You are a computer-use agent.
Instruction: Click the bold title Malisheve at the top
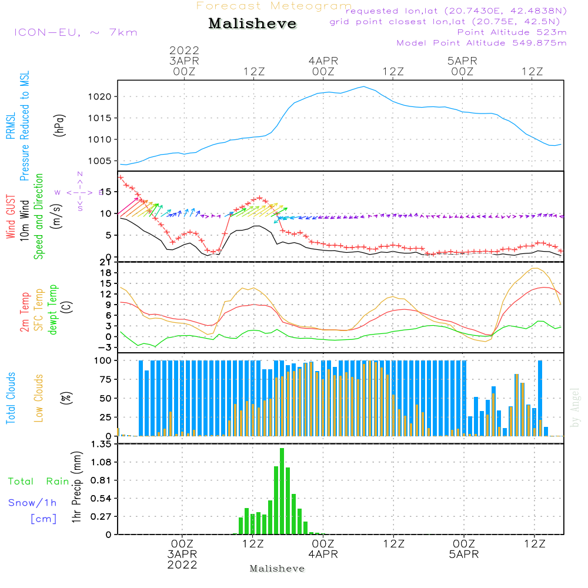(x=252, y=24)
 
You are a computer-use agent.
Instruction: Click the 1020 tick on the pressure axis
(x=102, y=96)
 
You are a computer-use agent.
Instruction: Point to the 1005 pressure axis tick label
(x=102, y=161)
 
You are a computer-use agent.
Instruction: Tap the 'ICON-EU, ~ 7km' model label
(x=75, y=32)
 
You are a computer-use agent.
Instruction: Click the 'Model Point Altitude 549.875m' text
(x=482, y=43)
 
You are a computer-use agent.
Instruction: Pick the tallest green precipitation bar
(x=282, y=491)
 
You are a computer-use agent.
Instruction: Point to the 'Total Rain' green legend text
(x=39, y=482)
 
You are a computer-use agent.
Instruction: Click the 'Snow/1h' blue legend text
(x=32, y=503)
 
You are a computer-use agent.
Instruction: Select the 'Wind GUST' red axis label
(x=11, y=218)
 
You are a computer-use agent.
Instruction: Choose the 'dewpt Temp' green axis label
(x=54, y=310)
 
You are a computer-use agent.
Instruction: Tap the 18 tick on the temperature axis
(x=106, y=273)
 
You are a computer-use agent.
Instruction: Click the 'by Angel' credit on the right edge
(x=575, y=407)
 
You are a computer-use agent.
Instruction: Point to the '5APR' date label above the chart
(x=462, y=61)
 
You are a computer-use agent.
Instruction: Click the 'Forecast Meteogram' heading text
(x=274, y=6)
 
